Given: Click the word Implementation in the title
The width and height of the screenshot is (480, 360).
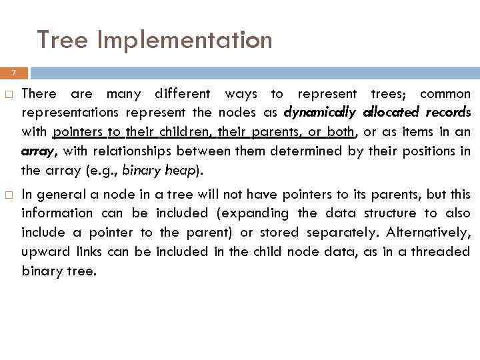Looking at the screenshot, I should point(185,40).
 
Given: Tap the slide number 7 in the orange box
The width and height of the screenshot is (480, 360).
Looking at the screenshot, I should point(14,73).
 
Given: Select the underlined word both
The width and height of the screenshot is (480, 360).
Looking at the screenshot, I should point(340,131).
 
